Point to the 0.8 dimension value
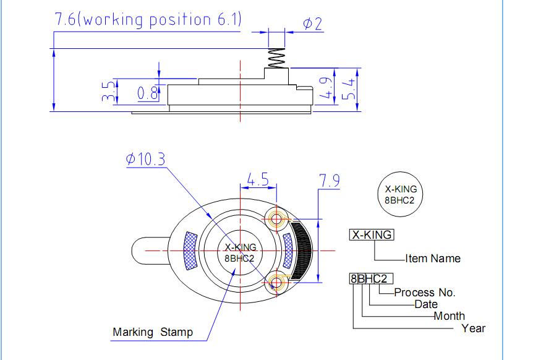(x=148, y=93)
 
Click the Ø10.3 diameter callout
(x=145, y=159)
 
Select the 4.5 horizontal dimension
(x=257, y=179)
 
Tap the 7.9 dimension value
(x=330, y=181)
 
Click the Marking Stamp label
(x=153, y=332)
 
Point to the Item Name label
(x=433, y=259)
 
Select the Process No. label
(x=425, y=293)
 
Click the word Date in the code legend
(x=426, y=304)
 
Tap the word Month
(x=449, y=315)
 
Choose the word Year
(x=473, y=328)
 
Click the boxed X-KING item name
(x=371, y=235)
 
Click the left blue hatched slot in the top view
(x=190, y=251)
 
